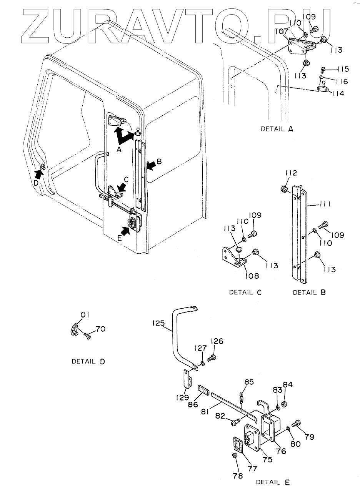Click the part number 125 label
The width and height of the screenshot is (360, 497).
(x=158, y=323)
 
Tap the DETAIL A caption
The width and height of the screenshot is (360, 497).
(x=277, y=129)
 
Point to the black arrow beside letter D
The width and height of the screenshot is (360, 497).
(x=39, y=175)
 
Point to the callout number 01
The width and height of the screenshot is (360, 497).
(x=85, y=315)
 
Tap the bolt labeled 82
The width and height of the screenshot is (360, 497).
(x=236, y=422)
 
